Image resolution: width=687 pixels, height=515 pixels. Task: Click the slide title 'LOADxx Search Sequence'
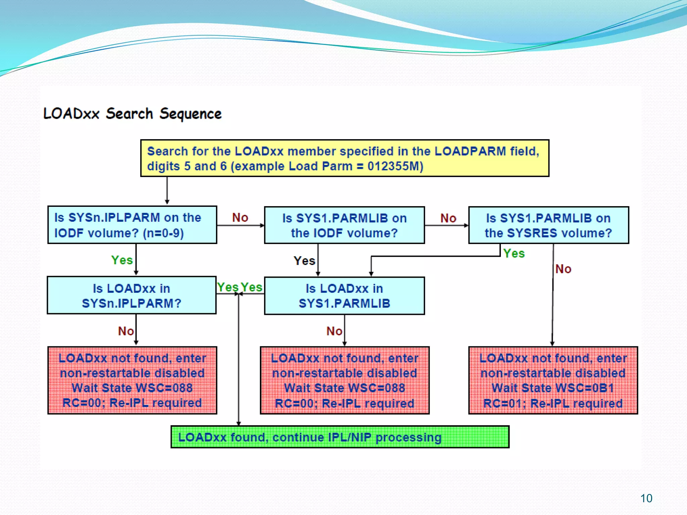click(133, 114)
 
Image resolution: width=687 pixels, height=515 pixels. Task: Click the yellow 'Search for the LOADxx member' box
click(345, 158)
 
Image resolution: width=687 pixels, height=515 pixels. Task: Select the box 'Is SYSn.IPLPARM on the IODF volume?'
click(132, 225)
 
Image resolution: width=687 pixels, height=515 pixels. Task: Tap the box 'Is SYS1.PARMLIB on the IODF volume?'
click(344, 225)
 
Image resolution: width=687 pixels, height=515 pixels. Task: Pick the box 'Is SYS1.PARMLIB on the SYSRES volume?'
click(548, 225)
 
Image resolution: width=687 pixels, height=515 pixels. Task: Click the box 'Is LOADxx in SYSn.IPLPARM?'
click(131, 295)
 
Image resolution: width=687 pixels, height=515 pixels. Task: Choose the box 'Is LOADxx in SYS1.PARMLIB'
click(344, 296)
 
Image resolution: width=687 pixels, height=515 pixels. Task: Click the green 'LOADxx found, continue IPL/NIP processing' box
click(340, 437)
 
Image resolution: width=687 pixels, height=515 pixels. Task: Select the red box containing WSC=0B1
click(553, 381)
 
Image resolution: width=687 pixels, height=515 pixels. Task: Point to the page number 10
click(646, 498)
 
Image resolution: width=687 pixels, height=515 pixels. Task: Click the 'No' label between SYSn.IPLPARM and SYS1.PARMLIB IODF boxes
click(240, 218)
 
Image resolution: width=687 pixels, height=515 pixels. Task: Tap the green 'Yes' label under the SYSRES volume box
click(514, 253)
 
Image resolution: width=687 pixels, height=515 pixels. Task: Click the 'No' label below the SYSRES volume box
click(563, 269)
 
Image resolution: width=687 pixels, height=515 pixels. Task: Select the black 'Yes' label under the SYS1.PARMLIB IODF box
click(304, 261)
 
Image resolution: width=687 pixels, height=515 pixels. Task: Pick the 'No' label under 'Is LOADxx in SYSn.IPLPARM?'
click(126, 331)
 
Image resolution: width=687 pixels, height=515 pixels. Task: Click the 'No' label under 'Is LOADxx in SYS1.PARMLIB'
click(334, 331)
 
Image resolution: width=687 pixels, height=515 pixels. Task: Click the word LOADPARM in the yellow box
click(470, 151)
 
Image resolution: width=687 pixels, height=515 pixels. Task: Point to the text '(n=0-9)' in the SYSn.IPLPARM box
click(163, 233)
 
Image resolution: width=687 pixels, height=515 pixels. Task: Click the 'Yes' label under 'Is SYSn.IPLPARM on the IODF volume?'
click(122, 260)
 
